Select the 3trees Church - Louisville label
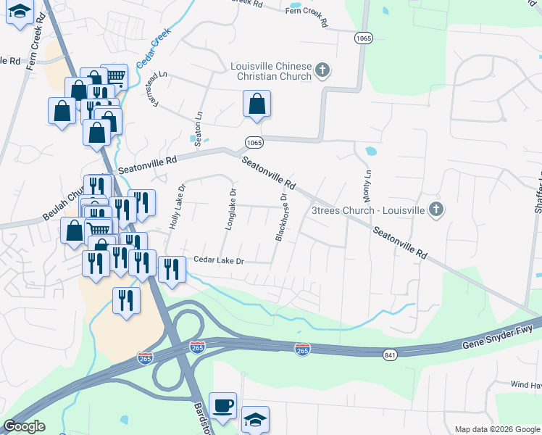coord(367,210)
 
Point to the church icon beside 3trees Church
coord(435,210)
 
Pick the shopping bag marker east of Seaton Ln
coord(257,104)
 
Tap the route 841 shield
coord(391,353)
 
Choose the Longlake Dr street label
coord(230,210)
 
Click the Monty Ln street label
coord(367,186)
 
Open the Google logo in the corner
coord(24,426)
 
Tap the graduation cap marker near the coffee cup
coord(255,420)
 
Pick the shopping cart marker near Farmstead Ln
coord(114,75)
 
